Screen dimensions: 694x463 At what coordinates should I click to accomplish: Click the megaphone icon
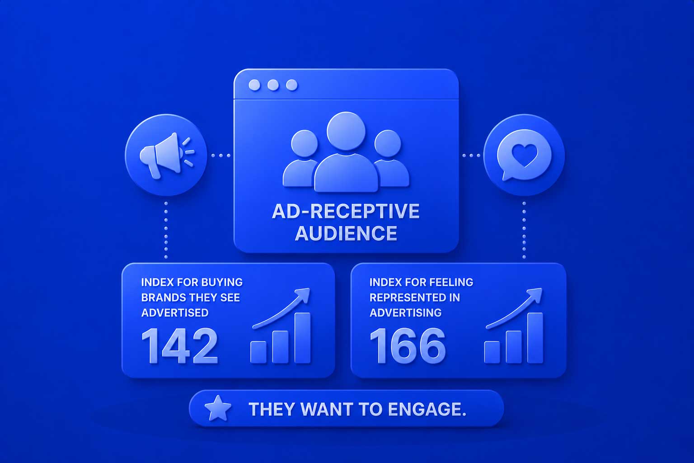pos(167,156)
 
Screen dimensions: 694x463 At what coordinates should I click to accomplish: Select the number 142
pos(179,346)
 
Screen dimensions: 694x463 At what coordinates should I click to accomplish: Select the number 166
pos(408,346)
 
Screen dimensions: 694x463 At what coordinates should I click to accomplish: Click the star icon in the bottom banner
pos(218,408)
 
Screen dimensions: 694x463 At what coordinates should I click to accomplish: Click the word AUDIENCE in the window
pos(346,233)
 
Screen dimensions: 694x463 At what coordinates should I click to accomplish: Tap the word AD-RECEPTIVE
pos(346,211)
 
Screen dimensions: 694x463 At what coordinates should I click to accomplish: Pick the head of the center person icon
pos(346,131)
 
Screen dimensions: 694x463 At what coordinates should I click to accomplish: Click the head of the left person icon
pos(305,143)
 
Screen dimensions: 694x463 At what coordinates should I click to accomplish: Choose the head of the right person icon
pos(388,143)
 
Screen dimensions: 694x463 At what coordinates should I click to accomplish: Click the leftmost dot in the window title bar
pos(254,85)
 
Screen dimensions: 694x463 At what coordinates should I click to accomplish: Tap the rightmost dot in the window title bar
pos(291,85)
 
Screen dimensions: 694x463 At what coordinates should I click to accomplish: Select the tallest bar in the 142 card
pos(302,338)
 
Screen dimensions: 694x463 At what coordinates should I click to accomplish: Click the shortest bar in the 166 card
pos(492,352)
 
